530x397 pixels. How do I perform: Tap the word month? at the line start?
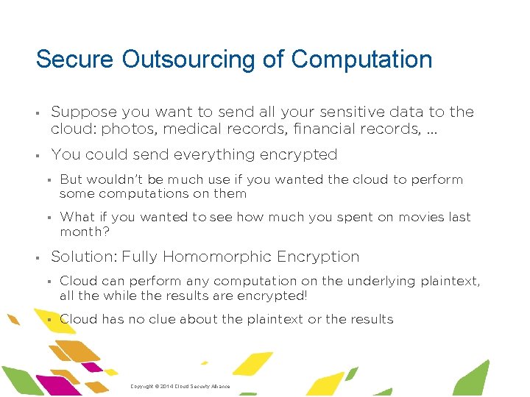(x=83, y=231)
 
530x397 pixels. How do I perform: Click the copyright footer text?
(x=180, y=387)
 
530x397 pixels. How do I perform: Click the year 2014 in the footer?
(x=163, y=387)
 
